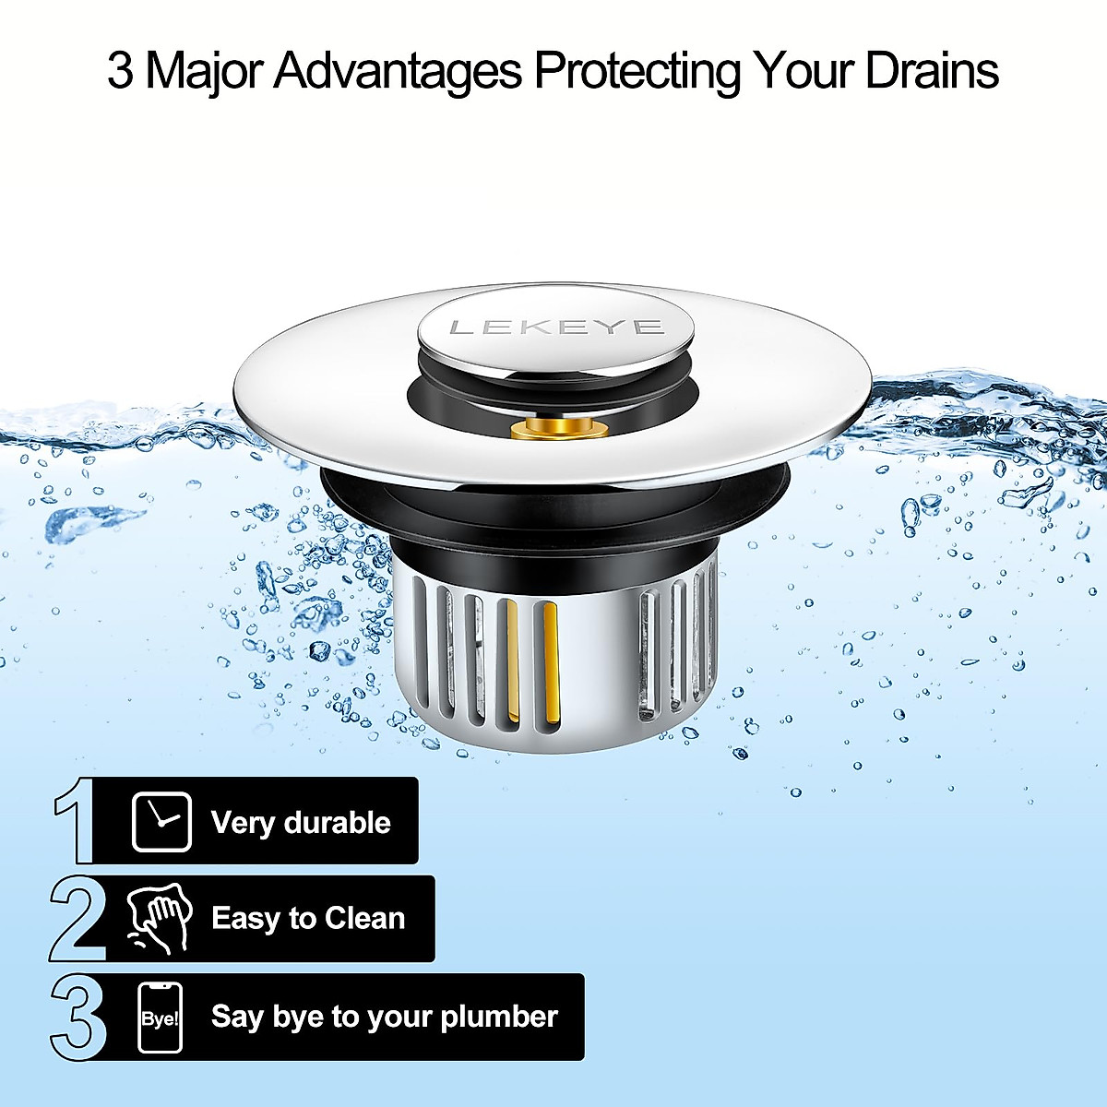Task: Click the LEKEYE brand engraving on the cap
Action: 556,327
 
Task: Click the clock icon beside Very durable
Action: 161,821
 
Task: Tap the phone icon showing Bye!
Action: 161,1018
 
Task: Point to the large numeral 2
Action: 77,919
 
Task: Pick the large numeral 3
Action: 78,1018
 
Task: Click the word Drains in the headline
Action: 932,70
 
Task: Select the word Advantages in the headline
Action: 398,70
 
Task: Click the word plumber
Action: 499,1018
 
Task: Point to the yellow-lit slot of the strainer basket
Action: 550,660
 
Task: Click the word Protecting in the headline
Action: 637,72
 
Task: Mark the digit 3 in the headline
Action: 120,71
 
